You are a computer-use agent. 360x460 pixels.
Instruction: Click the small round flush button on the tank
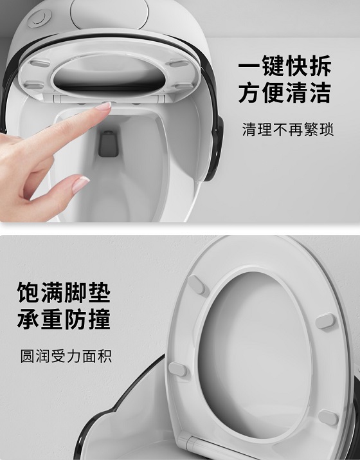coord(39,18)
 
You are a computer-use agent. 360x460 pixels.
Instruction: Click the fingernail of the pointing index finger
coord(104,106)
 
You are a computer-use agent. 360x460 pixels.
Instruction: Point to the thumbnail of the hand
coord(80,184)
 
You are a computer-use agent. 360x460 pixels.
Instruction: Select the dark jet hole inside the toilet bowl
coord(109,143)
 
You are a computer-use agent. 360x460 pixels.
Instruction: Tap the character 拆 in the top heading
coord(320,66)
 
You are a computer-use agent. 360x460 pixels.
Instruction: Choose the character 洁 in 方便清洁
coord(320,92)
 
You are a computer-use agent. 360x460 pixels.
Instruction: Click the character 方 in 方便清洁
coord(250,92)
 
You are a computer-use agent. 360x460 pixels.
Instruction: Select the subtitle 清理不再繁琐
coord(288,129)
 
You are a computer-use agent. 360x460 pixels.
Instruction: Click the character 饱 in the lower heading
coord(29,292)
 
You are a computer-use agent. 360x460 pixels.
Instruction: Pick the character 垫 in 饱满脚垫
coord(99,292)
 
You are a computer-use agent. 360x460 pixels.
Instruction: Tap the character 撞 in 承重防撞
coord(99,318)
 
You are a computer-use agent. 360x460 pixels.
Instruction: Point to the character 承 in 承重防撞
coord(29,318)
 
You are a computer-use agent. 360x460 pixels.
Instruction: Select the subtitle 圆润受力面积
coord(66,356)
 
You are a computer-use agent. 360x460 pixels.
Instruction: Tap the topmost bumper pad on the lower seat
coord(197,284)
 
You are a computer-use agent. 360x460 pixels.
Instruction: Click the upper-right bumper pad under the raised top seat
coord(179,63)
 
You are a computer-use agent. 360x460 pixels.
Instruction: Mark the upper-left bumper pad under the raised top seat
coord(40,63)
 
